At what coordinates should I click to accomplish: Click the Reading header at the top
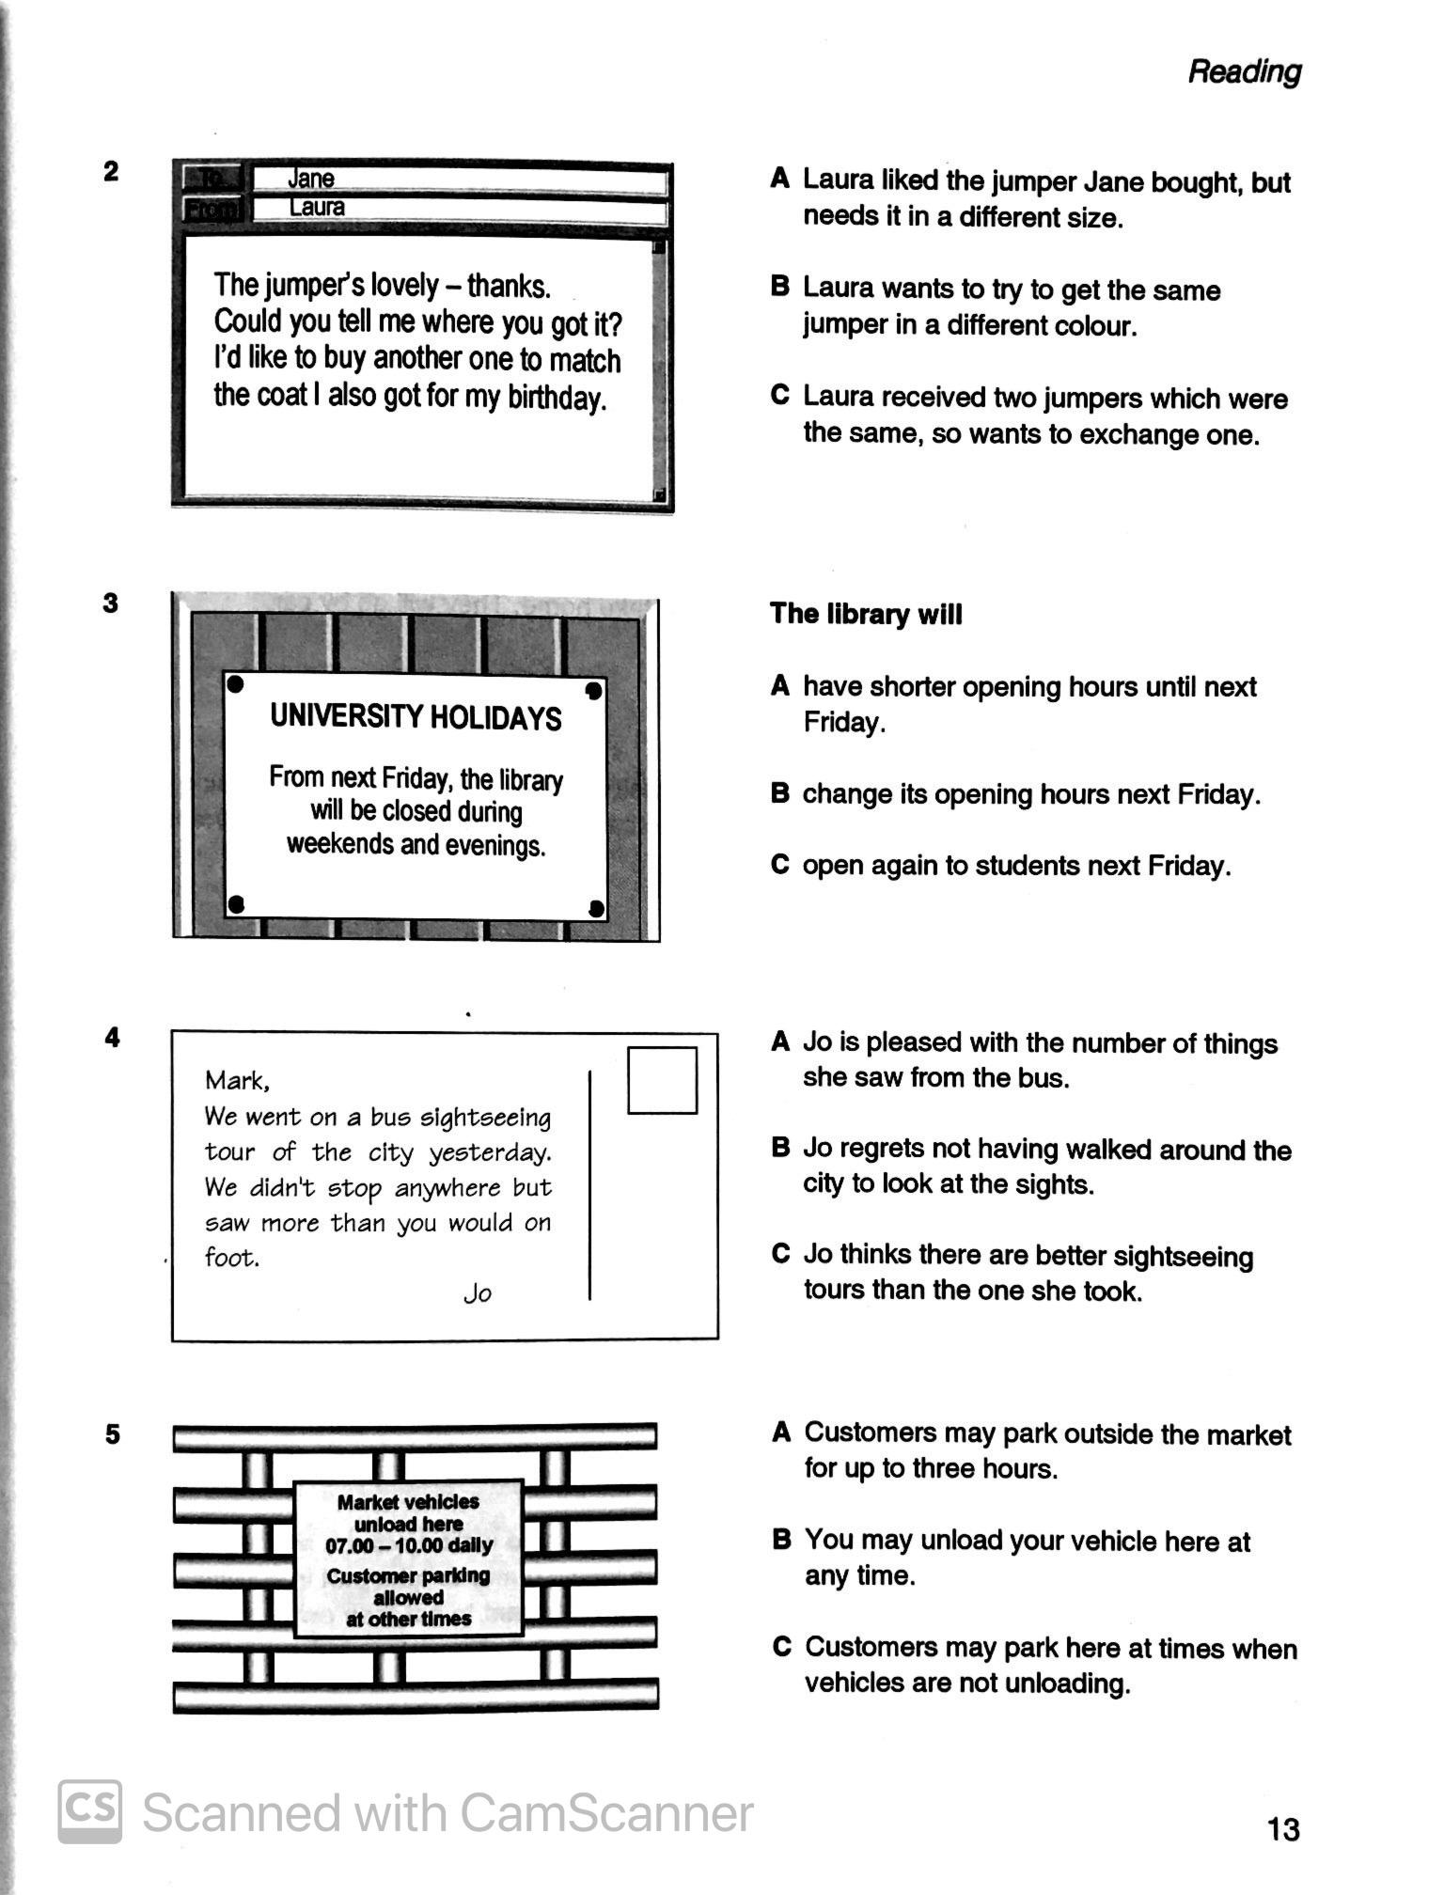click(x=1244, y=71)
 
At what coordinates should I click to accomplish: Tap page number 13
click(x=1283, y=1828)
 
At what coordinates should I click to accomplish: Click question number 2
click(x=112, y=172)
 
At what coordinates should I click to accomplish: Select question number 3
click(x=111, y=603)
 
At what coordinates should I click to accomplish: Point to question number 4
click(x=112, y=1038)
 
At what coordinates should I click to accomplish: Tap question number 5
click(x=112, y=1434)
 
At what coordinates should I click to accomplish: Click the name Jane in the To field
click(x=310, y=179)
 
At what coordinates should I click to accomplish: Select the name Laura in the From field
click(x=317, y=208)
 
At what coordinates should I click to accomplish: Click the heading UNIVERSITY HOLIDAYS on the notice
click(x=416, y=718)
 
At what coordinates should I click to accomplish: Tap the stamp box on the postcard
click(x=662, y=1080)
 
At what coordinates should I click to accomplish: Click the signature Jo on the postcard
click(x=478, y=1294)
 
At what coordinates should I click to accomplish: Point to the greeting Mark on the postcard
click(x=237, y=1081)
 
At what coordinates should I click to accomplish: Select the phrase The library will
click(x=866, y=614)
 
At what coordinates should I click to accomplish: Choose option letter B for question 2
click(x=779, y=287)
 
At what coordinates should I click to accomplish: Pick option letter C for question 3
click(x=779, y=865)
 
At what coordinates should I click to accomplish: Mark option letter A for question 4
click(x=779, y=1041)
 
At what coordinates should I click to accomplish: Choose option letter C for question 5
click(x=780, y=1647)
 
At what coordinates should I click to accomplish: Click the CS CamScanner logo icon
click(x=90, y=1811)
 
